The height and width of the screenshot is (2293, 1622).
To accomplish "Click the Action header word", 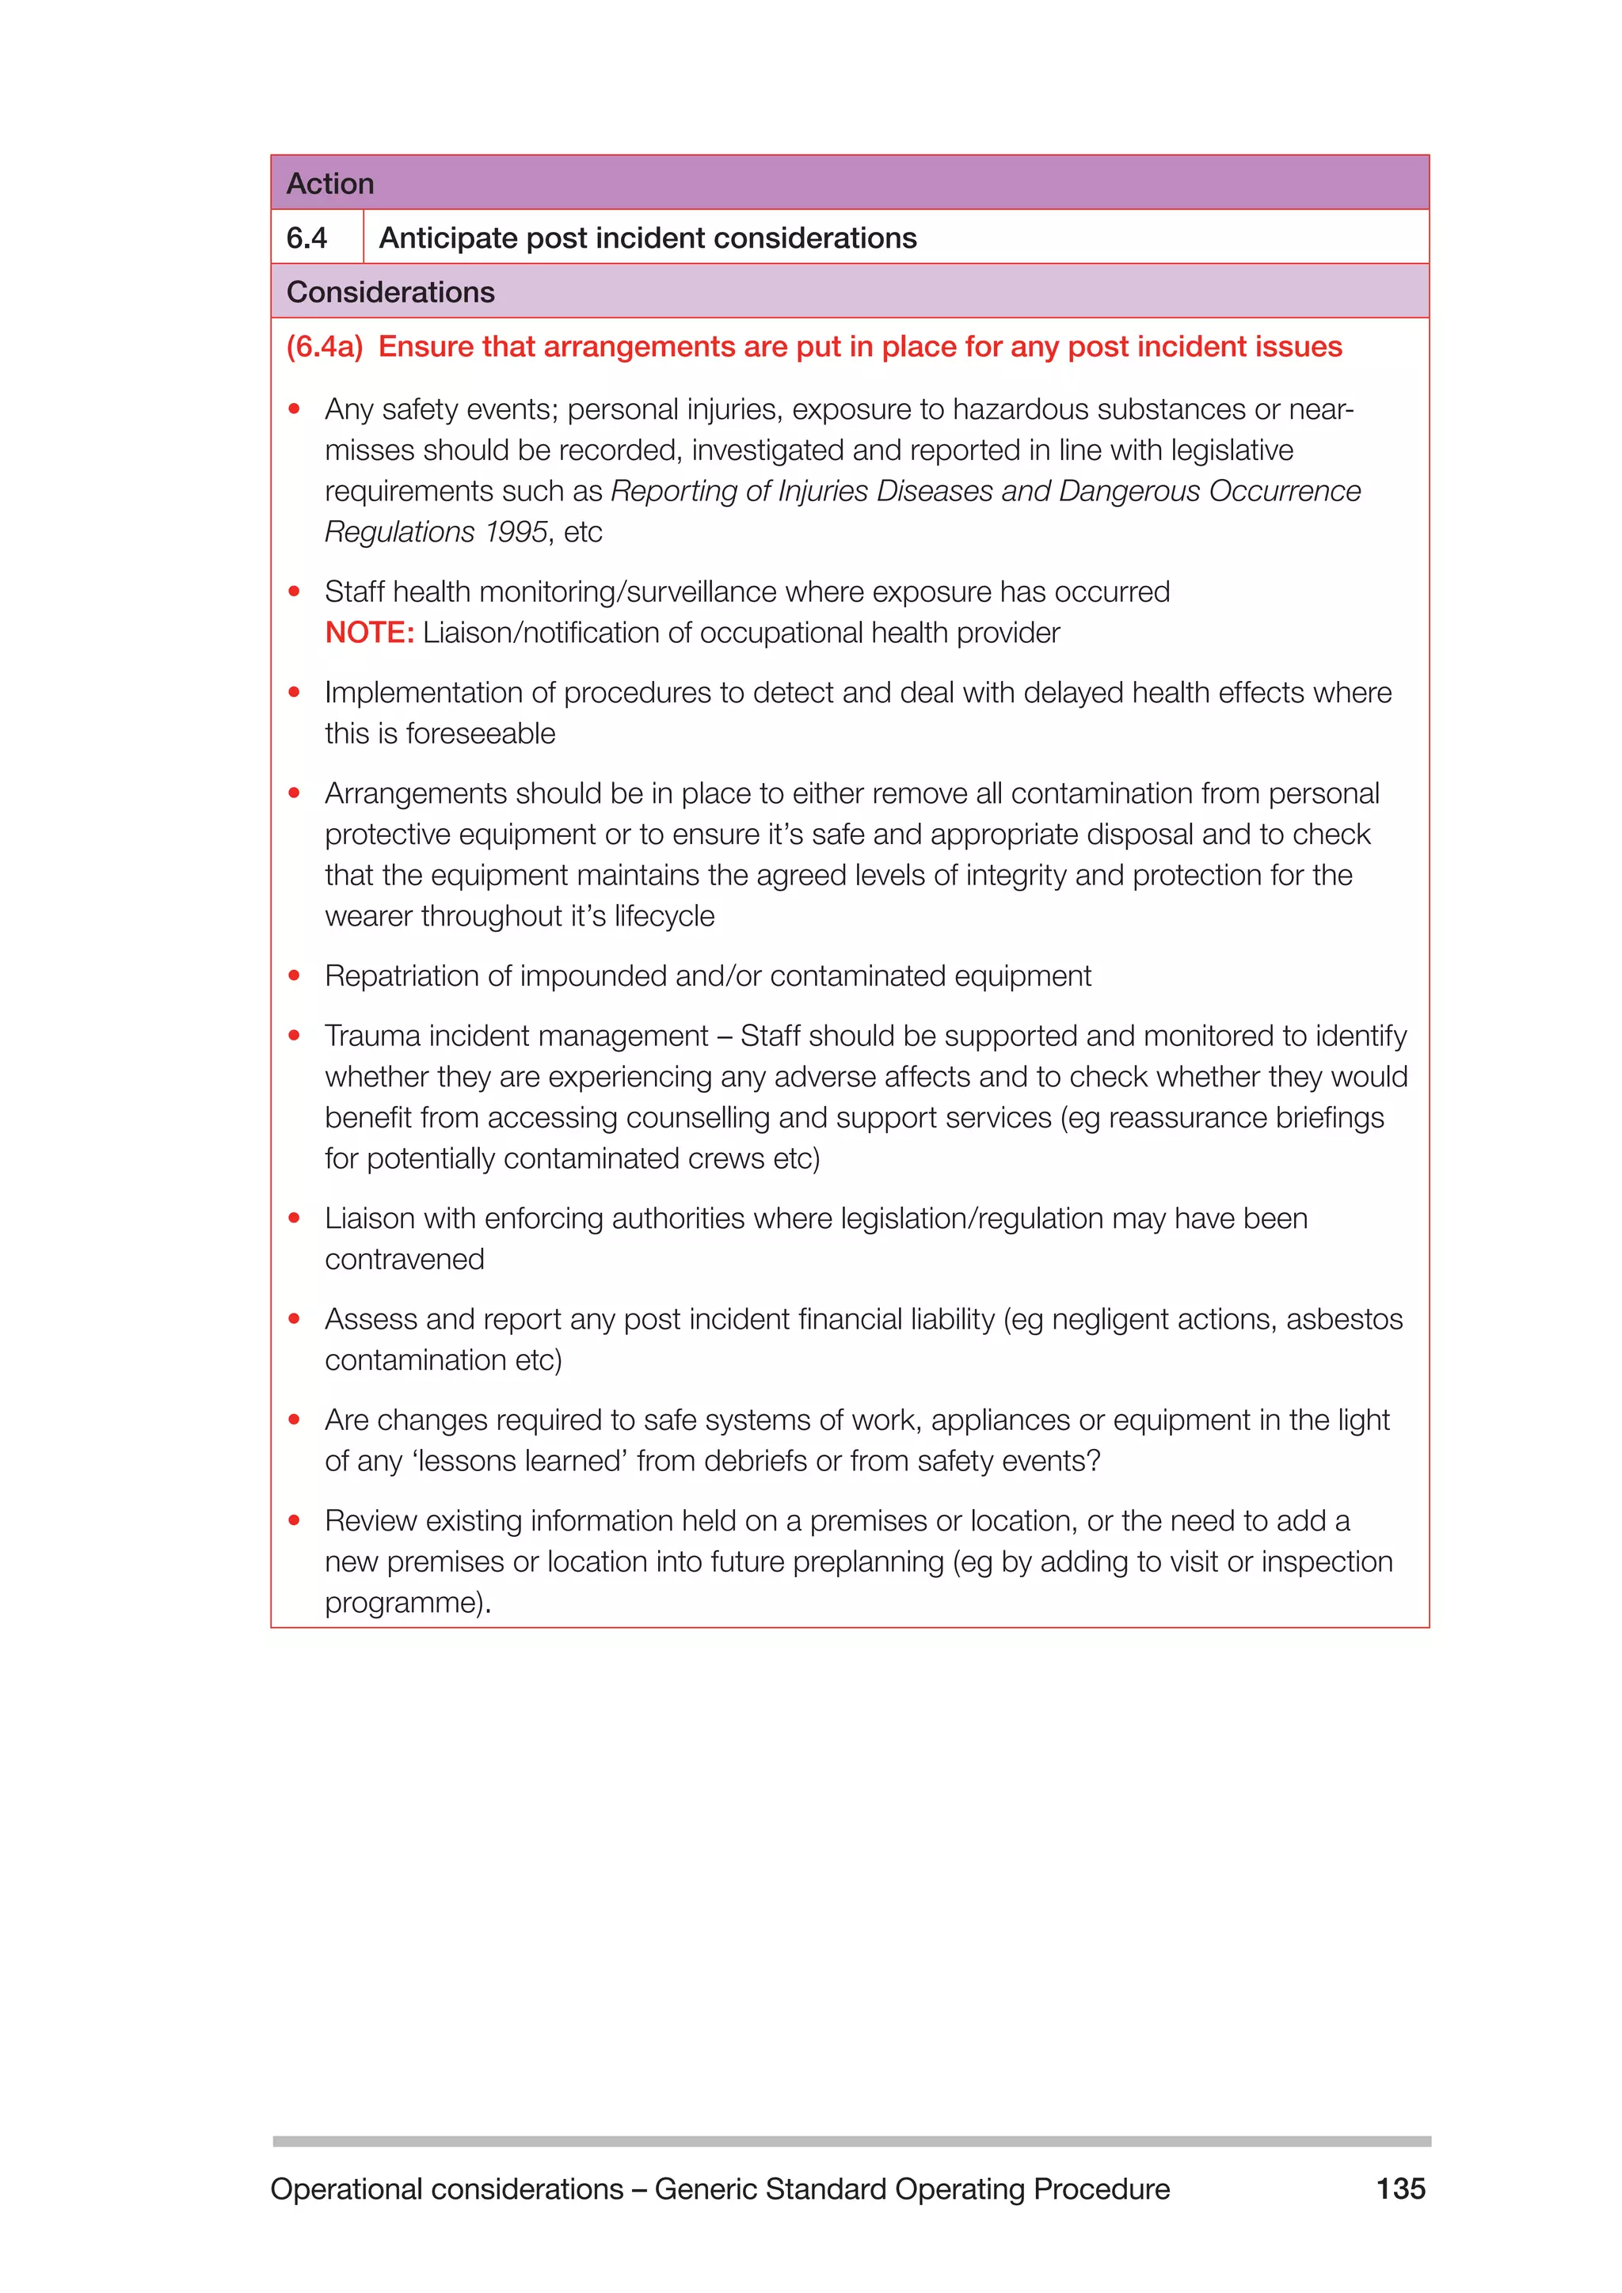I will tap(329, 184).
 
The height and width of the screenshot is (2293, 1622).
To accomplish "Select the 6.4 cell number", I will tap(307, 238).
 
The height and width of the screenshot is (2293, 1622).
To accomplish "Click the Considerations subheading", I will tap(390, 291).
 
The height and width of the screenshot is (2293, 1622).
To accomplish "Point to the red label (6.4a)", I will tap(325, 347).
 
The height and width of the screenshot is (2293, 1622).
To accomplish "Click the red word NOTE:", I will tap(368, 632).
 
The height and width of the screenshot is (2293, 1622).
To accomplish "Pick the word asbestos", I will tap(1343, 1319).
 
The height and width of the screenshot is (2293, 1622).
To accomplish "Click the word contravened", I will tap(405, 1260).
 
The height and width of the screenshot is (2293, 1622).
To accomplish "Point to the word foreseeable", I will tap(481, 733).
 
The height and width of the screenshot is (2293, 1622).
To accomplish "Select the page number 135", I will tap(1400, 2188).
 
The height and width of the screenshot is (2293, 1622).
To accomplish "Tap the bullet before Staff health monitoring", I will tap(295, 591).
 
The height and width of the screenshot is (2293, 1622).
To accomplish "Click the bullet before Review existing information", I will tap(295, 1520).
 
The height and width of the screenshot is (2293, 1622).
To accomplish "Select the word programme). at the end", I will tap(408, 1602).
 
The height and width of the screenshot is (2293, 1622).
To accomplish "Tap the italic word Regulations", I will tap(399, 531).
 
